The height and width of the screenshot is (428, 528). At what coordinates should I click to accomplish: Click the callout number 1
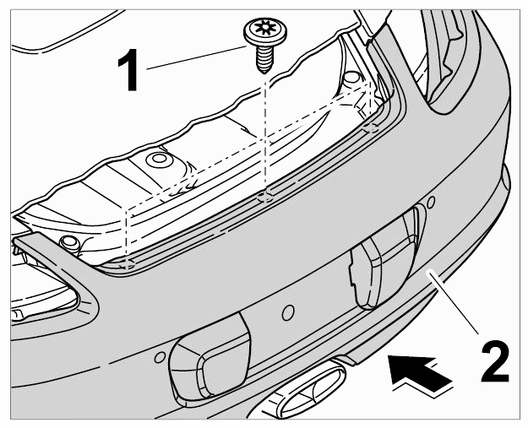(128, 70)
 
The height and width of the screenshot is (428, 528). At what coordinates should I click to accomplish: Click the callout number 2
(495, 361)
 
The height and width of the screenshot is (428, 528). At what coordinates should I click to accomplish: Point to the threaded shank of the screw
(264, 58)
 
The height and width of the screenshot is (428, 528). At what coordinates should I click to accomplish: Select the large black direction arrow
(420, 373)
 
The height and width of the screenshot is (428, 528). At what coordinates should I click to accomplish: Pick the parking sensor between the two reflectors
(287, 313)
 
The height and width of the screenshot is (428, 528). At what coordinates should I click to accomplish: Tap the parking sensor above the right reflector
(430, 202)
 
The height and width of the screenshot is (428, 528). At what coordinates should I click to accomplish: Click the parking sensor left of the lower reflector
(160, 358)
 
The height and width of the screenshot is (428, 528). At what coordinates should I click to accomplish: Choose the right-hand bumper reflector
(386, 258)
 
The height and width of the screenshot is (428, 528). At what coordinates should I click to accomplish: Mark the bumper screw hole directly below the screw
(265, 198)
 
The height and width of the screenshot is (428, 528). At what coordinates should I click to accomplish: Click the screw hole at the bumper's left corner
(128, 265)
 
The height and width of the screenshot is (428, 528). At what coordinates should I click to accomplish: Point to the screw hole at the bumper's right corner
(371, 128)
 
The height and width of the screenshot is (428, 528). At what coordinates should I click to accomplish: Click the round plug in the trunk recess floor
(158, 160)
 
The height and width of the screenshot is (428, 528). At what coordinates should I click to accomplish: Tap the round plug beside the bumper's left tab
(68, 243)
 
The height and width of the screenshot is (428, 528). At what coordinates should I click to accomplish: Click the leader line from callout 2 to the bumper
(453, 304)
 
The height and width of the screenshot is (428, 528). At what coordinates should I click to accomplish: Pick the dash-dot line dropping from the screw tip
(265, 134)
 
